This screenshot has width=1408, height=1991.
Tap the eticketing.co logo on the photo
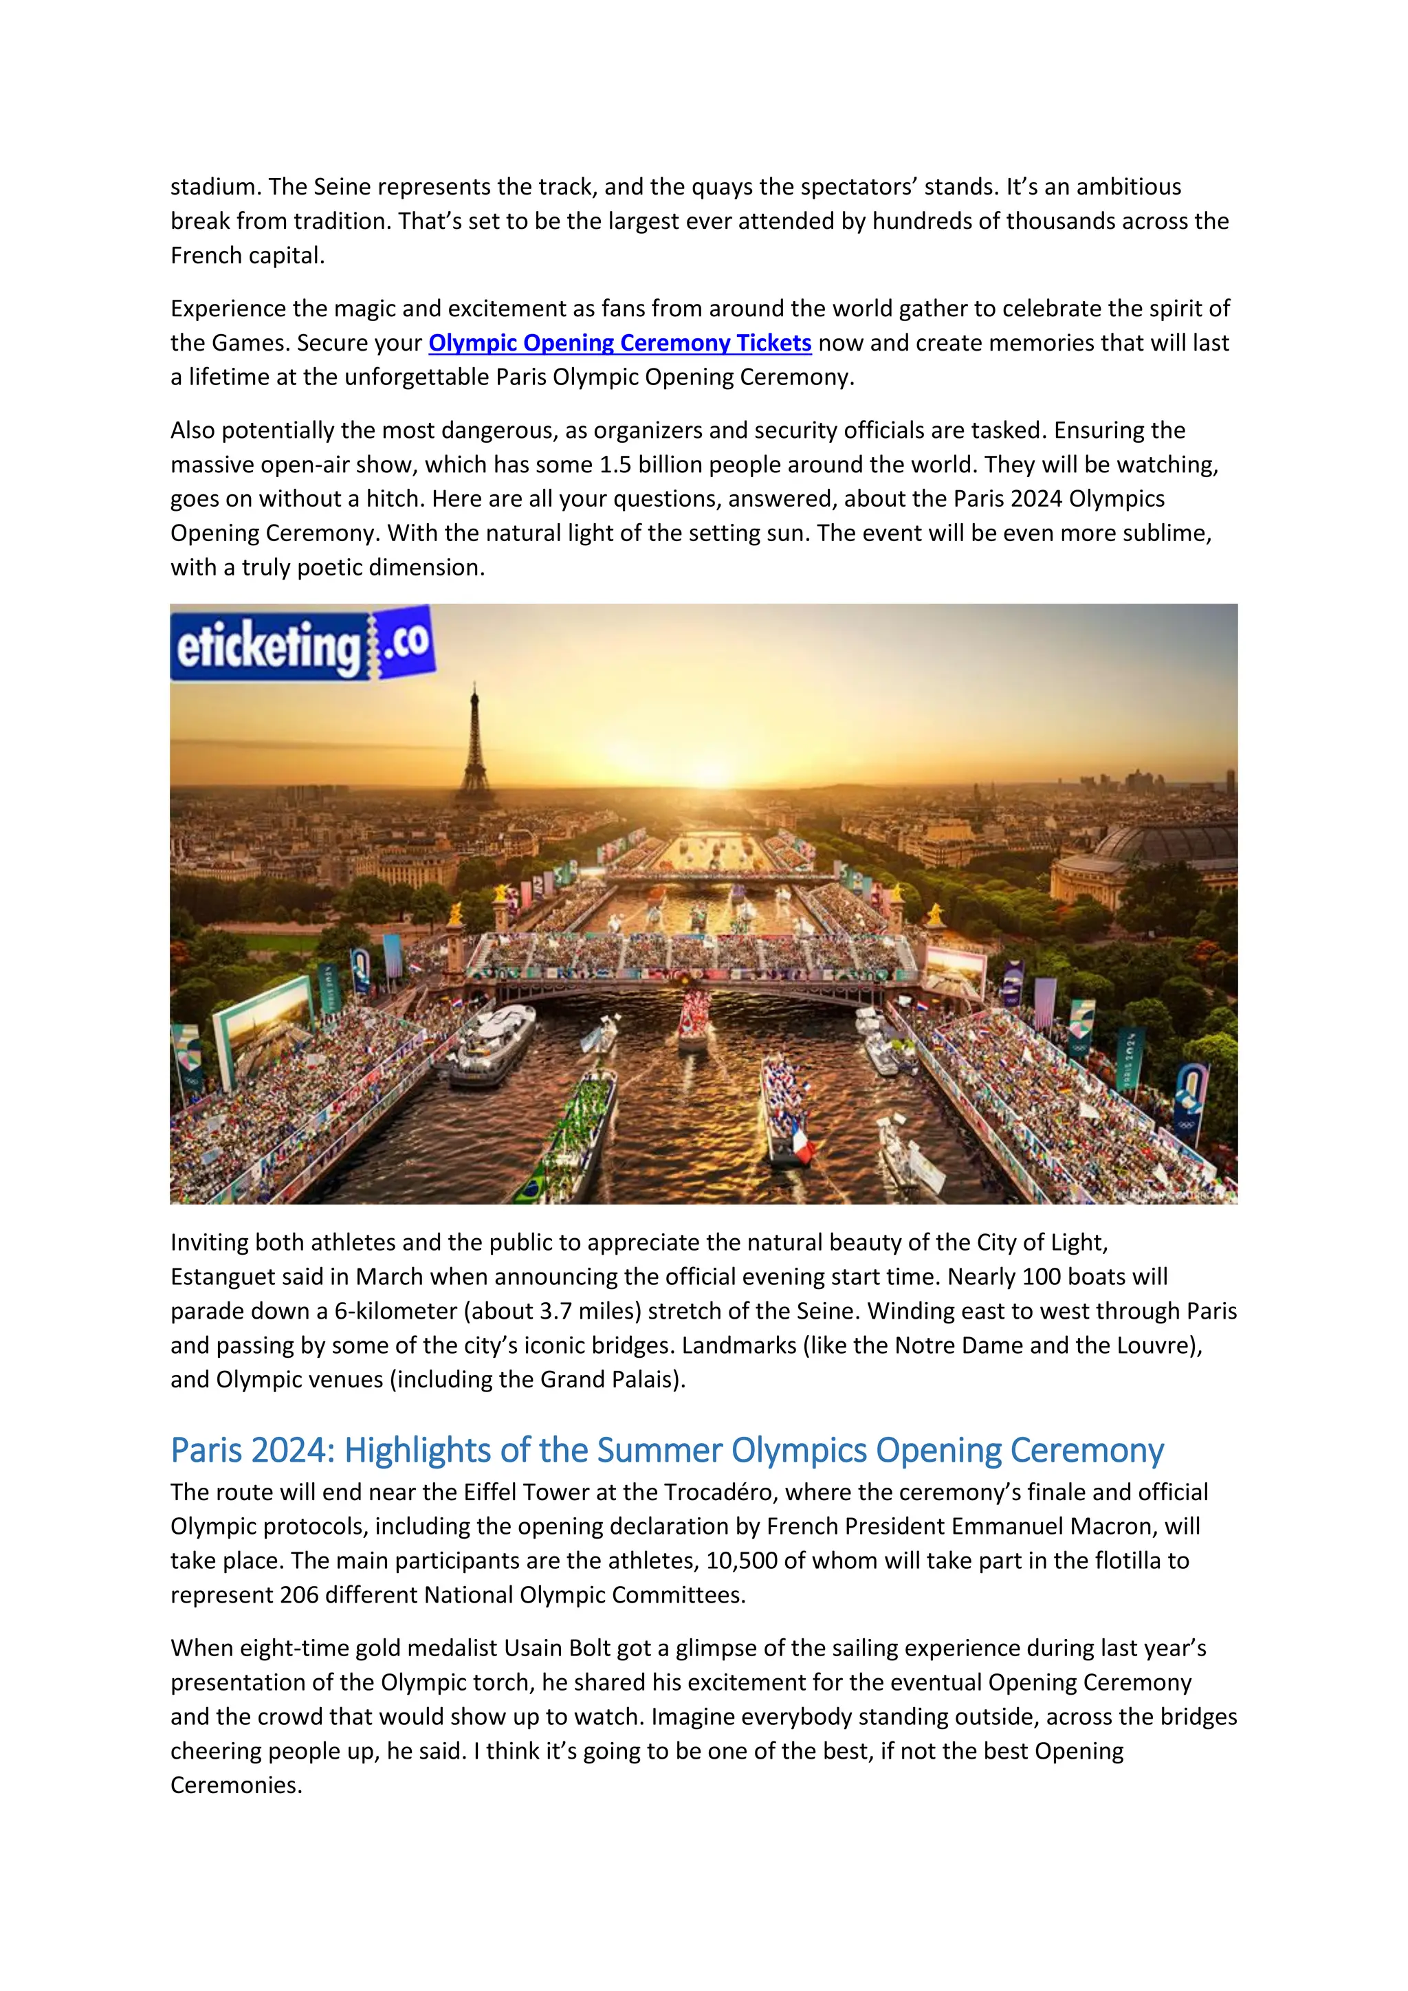(x=302, y=643)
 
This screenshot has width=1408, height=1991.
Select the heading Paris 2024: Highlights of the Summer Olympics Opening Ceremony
(x=666, y=1451)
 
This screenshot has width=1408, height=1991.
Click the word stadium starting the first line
(x=215, y=187)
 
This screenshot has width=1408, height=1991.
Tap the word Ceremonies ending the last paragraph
(x=235, y=1785)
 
